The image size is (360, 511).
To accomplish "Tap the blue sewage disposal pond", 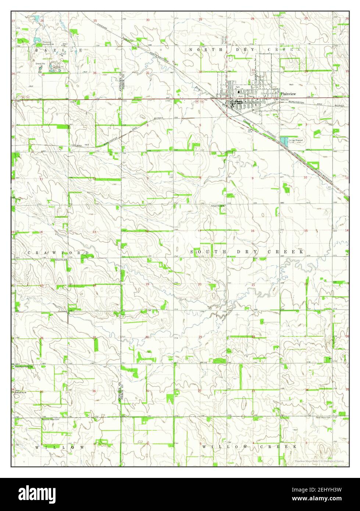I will click(284, 141).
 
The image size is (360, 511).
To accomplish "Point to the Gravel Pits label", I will click(40, 63).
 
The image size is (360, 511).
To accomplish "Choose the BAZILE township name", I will click(59, 50).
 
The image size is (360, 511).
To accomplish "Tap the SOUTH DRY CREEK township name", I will click(247, 252).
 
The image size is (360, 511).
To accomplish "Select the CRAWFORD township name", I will click(58, 253).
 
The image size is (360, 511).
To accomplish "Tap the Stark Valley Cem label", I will click(324, 418).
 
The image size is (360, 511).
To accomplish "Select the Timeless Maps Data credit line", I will click(318, 461).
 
